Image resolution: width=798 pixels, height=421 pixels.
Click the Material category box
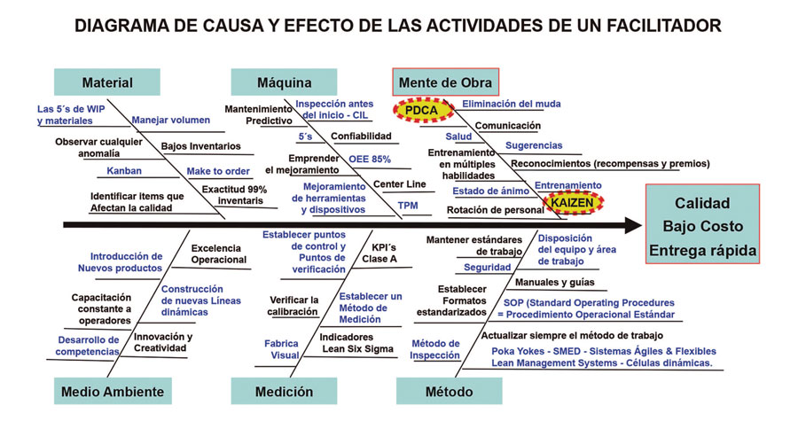click(107, 82)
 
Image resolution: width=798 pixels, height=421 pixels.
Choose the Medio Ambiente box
click(112, 391)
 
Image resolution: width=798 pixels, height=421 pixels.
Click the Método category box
click(449, 391)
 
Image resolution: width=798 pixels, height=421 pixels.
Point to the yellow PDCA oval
click(423, 110)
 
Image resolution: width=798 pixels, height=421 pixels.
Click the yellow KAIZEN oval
click(572, 202)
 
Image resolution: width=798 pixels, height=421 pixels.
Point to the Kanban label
click(124, 171)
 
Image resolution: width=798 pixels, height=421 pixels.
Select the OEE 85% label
click(371, 159)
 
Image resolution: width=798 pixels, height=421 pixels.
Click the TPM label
click(407, 206)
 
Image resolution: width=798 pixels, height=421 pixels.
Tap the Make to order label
click(215, 171)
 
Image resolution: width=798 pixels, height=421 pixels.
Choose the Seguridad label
click(488, 267)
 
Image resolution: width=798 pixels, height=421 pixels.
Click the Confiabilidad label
click(361, 136)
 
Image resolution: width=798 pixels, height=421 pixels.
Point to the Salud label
click(458, 136)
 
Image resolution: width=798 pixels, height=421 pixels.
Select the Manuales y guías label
click(555, 283)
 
